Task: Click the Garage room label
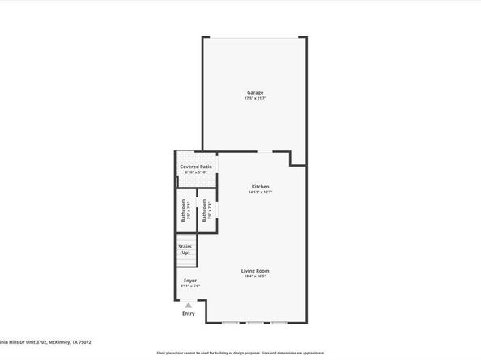click(255, 92)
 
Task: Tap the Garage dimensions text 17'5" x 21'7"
click(255, 98)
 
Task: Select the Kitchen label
click(260, 186)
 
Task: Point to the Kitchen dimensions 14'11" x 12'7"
click(260, 192)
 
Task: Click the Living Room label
click(255, 270)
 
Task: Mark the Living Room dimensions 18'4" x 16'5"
click(255, 277)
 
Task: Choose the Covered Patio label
click(196, 166)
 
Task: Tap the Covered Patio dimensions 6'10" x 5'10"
click(196, 172)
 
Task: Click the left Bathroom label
click(184, 212)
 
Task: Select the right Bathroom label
click(204, 212)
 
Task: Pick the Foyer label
click(189, 280)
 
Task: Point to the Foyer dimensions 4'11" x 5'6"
click(189, 286)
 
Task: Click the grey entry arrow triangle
click(189, 305)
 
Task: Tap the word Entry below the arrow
click(189, 313)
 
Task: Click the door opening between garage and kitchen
click(264, 152)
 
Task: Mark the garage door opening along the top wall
click(254, 37)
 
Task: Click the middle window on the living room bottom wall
click(255, 323)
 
